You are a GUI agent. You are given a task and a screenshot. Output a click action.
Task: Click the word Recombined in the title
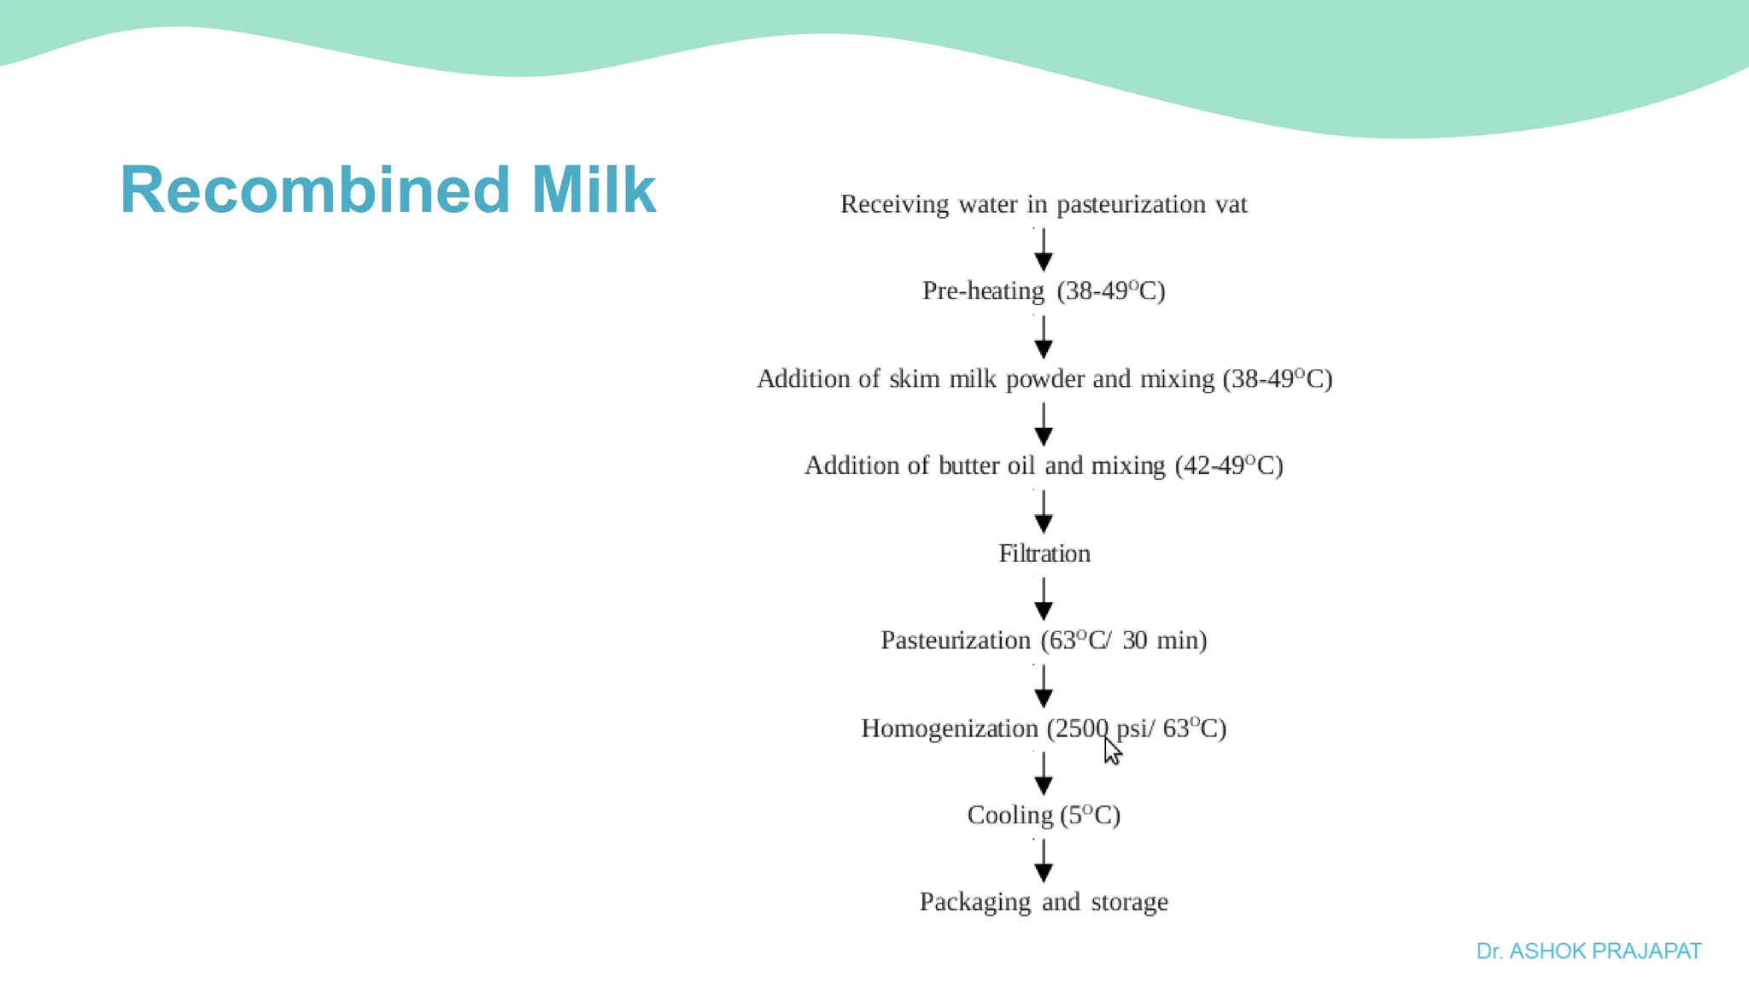point(314,190)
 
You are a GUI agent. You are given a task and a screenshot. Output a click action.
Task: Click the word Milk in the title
point(593,190)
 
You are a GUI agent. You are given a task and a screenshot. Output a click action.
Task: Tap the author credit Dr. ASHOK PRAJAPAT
point(1588,951)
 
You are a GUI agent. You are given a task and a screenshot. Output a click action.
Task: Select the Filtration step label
point(1044,553)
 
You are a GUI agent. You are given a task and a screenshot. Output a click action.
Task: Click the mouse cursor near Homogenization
point(1112,752)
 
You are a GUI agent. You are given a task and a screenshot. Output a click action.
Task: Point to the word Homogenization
point(949,729)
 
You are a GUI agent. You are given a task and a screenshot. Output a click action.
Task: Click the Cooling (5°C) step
point(1044,815)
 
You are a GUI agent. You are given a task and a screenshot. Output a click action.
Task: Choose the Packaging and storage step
point(1044,902)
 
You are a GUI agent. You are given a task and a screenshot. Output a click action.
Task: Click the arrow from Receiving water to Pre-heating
point(1044,249)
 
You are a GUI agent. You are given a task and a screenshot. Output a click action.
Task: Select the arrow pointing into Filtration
point(1044,511)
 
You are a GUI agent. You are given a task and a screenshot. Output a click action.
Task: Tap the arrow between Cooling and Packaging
point(1044,861)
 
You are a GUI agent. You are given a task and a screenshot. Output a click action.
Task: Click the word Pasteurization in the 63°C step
point(955,641)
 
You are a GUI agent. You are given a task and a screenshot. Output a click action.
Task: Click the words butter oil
point(986,466)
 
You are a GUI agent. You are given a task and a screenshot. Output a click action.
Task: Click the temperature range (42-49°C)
point(1228,466)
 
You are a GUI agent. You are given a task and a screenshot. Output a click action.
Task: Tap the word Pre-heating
point(983,291)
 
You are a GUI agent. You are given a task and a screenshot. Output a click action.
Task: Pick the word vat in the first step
point(1231,204)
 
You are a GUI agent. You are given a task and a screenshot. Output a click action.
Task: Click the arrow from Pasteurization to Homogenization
point(1044,686)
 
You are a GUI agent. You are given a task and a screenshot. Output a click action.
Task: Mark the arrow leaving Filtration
point(1044,599)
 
